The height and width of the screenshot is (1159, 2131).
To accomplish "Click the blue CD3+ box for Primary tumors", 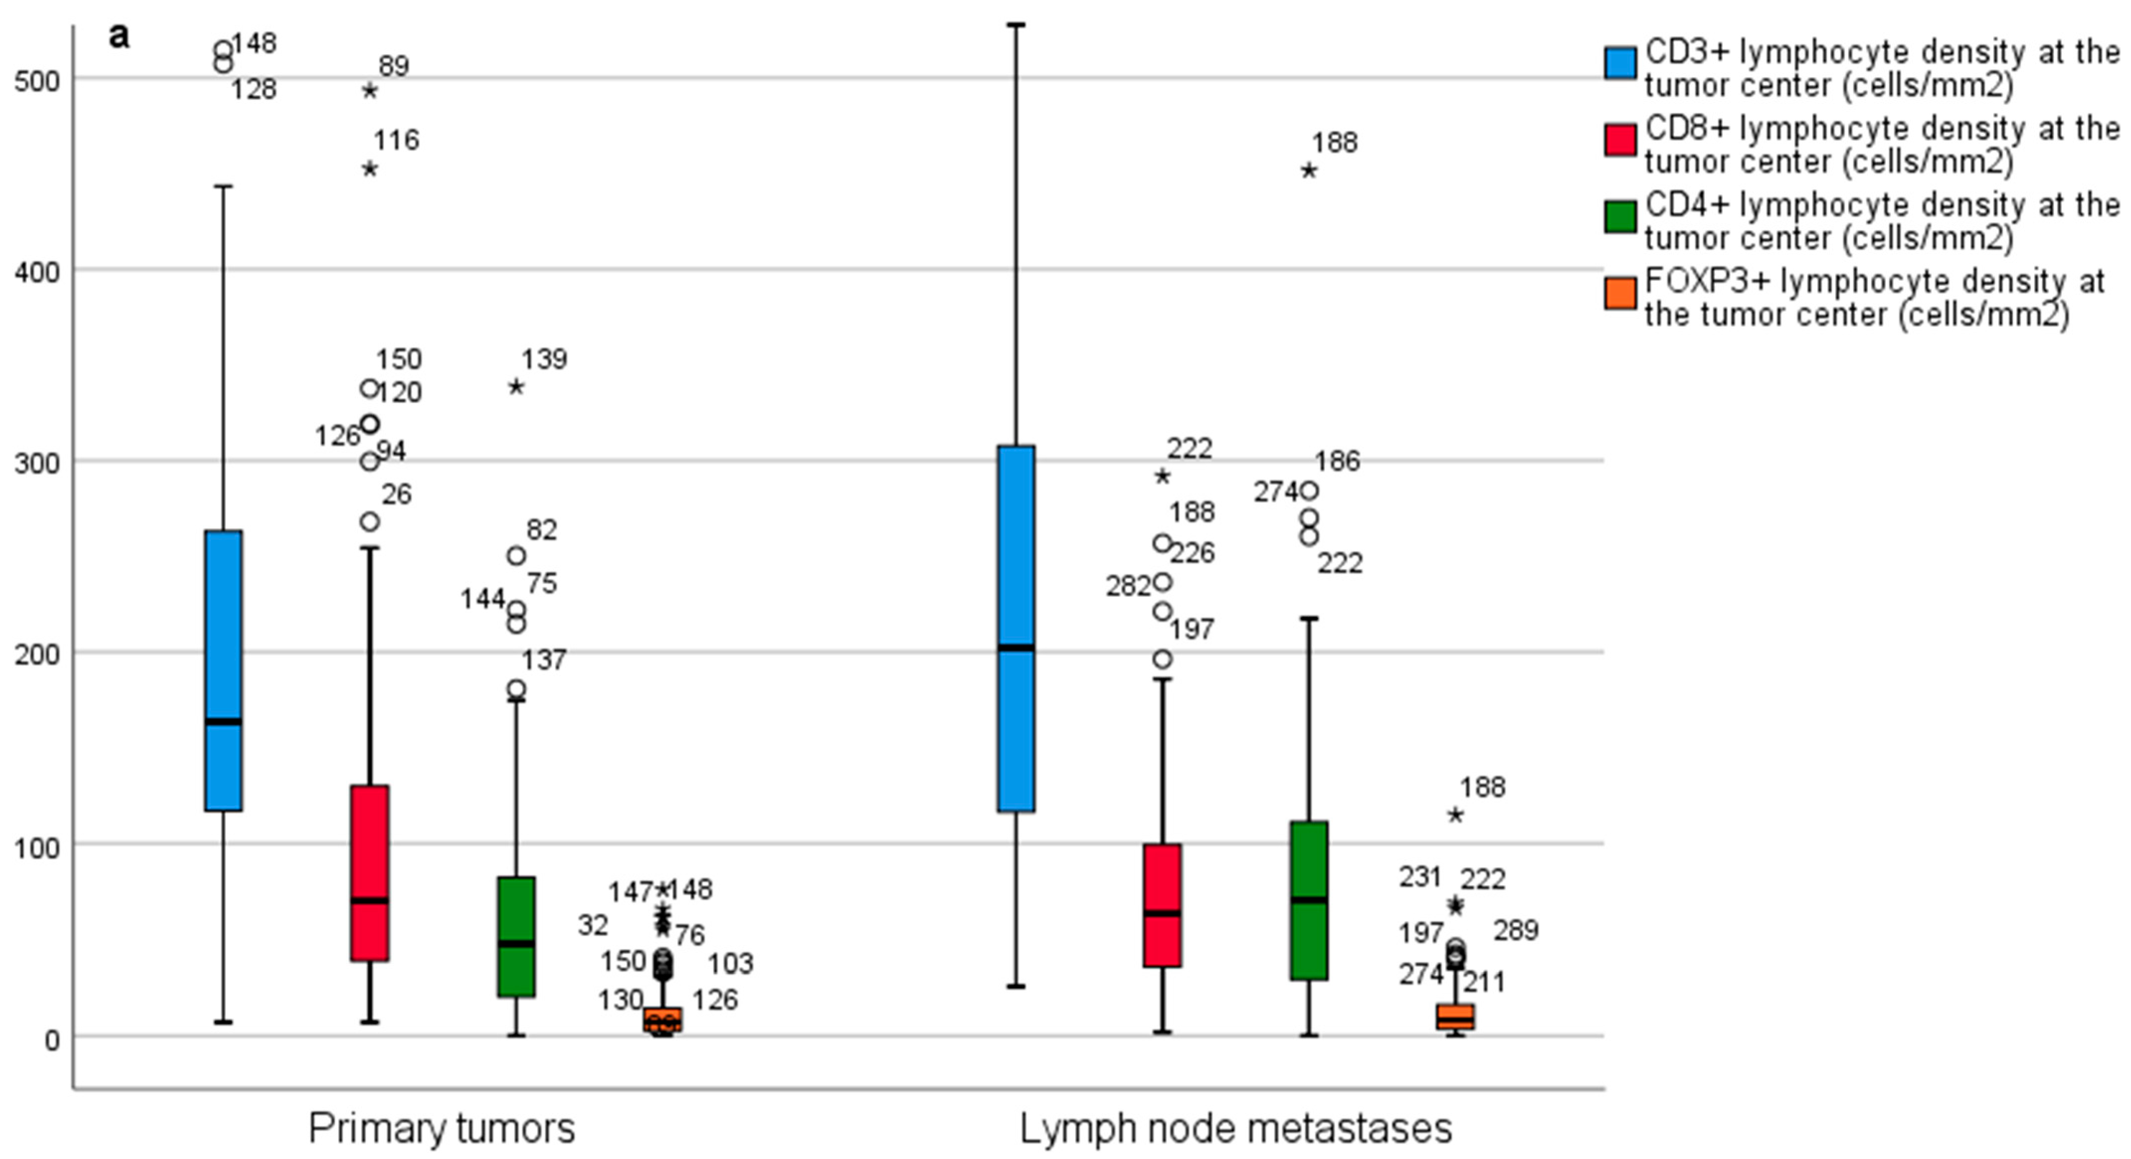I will point(223,670).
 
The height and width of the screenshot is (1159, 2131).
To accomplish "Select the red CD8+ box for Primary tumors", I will point(370,873).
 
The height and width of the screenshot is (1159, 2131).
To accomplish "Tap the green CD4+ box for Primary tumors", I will point(516,936).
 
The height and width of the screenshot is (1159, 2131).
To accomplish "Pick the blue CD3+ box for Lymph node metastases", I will point(1016,579).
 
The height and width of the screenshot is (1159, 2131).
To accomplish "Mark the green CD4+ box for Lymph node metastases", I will point(1309,900).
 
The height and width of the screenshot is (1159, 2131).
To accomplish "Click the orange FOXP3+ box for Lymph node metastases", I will point(1456,1017).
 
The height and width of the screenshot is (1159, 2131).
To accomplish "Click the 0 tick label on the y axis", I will point(51,1038).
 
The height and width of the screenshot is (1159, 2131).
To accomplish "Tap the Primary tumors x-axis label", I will point(441,1128).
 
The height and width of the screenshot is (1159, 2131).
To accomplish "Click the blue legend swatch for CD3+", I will point(1620,64).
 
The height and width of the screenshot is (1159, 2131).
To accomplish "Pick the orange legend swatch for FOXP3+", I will point(1620,294).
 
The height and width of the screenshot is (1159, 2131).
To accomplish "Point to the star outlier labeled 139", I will point(516,386).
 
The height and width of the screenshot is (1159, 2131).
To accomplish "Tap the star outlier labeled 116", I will point(370,169).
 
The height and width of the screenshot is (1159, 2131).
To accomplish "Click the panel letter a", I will point(119,37).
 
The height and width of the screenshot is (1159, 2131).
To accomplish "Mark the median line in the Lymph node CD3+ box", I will point(1016,648).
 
